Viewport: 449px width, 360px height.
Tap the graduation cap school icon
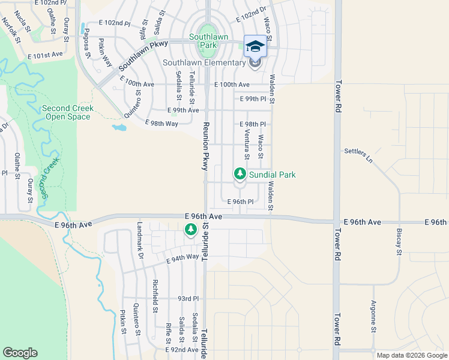[255, 46]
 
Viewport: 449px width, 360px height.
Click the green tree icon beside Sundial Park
[240, 174]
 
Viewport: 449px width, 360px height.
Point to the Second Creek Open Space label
[67, 112]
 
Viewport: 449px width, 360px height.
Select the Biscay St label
[399, 239]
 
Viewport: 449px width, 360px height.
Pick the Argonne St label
[373, 316]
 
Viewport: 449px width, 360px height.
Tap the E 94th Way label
[182, 258]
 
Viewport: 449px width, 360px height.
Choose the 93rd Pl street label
[187, 298]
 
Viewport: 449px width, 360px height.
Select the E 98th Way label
[162, 123]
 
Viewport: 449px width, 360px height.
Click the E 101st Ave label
[45, 54]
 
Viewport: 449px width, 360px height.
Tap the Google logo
[20, 353]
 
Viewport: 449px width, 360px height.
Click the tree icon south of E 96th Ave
[190, 229]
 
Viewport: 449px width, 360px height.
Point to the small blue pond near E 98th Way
[119, 127]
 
